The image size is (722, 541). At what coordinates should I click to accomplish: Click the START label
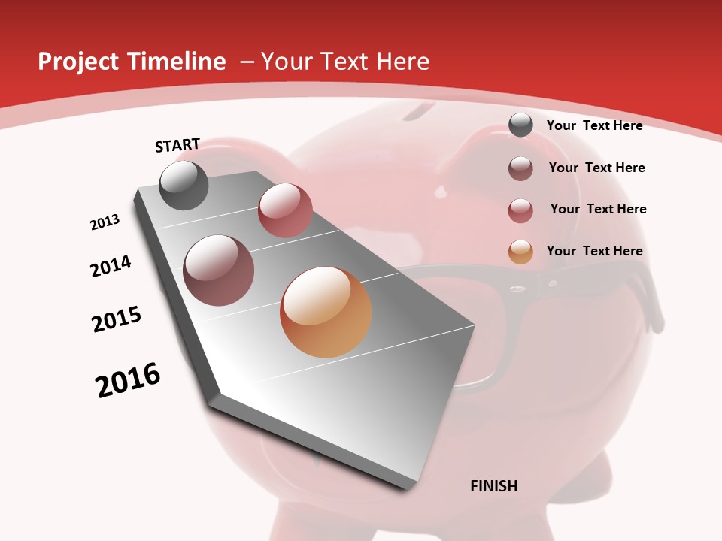tap(177, 145)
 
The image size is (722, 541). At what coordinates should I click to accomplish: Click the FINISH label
tap(493, 486)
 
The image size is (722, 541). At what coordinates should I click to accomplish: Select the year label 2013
tap(105, 222)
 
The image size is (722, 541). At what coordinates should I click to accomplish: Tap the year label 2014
tap(111, 267)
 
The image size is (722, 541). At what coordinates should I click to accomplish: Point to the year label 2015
tap(117, 319)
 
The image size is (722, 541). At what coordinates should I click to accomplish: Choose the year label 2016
tap(128, 380)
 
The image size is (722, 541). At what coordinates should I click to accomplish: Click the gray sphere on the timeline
tap(184, 185)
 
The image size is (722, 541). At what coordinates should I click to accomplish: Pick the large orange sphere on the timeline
tap(326, 312)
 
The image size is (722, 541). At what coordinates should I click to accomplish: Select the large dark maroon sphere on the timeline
tap(219, 270)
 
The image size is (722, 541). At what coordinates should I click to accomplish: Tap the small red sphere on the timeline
tap(285, 210)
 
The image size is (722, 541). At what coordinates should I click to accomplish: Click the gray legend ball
tap(520, 125)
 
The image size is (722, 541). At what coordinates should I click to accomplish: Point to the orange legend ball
tap(520, 252)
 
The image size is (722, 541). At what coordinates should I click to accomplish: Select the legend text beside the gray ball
tap(594, 125)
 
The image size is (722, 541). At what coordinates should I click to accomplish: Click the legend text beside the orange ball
tap(594, 251)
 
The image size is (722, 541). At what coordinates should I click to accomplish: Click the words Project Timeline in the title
tap(132, 62)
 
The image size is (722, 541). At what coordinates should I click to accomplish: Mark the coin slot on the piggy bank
tap(423, 113)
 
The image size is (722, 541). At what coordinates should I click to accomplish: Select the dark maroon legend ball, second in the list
tap(520, 168)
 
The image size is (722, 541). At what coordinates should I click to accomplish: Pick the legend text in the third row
tap(598, 209)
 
